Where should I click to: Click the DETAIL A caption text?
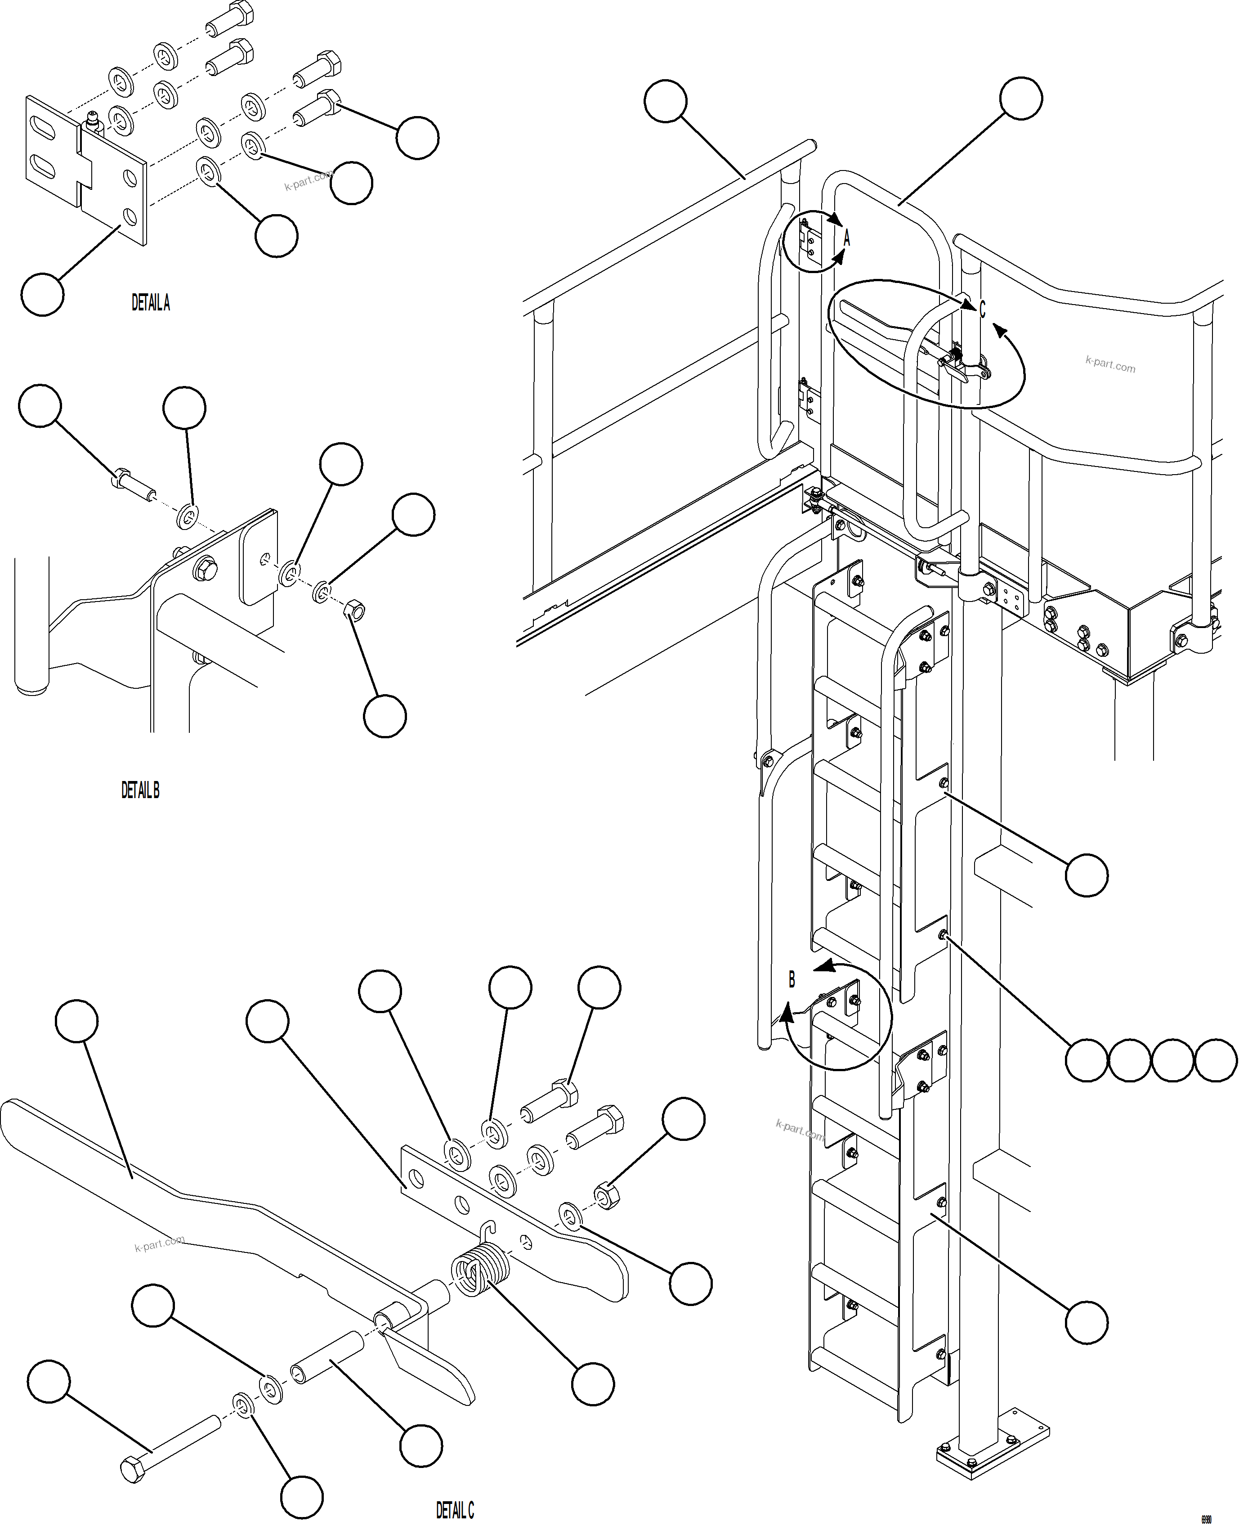point(151,303)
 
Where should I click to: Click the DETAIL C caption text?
point(455,1510)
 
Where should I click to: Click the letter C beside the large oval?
point(982,310)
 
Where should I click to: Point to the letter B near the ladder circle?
point(792,980)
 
